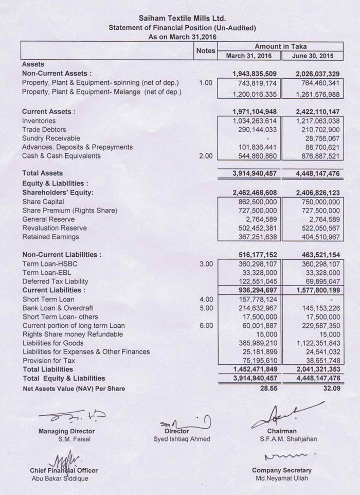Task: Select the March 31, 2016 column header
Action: point(249,56)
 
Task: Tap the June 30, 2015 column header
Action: point(312,56)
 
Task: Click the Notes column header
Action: point(206,51)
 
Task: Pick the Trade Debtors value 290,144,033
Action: point(255,129)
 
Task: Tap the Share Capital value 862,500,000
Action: point(255,202)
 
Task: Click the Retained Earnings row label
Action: point(50,237)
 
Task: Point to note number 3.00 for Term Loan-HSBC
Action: point(206,263)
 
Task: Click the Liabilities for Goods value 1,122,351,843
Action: point(315,343)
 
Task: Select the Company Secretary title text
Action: point(281,470)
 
